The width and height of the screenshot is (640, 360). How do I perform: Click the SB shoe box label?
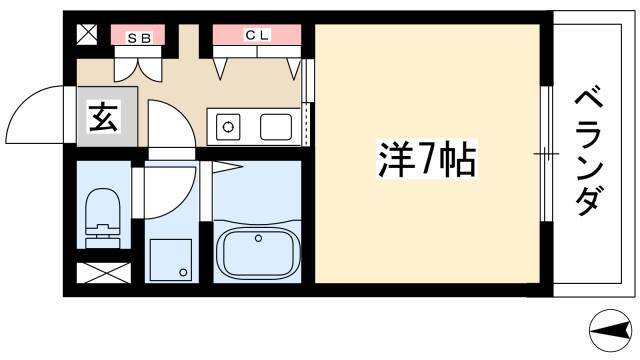(140, 38)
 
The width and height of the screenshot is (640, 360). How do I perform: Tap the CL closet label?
(257, 35)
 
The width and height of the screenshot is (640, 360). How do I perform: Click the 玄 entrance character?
(104, 117)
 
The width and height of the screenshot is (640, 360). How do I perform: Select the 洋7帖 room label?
(427, 158)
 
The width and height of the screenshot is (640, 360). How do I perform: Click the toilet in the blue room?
(103, 218)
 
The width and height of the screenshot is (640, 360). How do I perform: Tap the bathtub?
(258, 251)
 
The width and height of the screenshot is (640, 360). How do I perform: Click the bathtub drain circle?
(258, 238)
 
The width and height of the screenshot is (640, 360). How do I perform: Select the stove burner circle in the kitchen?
(228, 127)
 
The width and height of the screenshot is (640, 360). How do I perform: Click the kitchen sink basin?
(276, 127)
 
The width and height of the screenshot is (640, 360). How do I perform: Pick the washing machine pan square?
(171, 260)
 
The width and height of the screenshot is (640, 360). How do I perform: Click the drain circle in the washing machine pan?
(183, 272)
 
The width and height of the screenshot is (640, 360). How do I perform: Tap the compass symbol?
(611, 330)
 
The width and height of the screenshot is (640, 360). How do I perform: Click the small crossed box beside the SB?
(87, 34)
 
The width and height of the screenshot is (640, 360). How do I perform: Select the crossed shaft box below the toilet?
(104, 273)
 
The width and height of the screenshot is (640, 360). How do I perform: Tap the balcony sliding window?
(546, 154)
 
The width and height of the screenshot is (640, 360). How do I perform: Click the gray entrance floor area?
(107, 116)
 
